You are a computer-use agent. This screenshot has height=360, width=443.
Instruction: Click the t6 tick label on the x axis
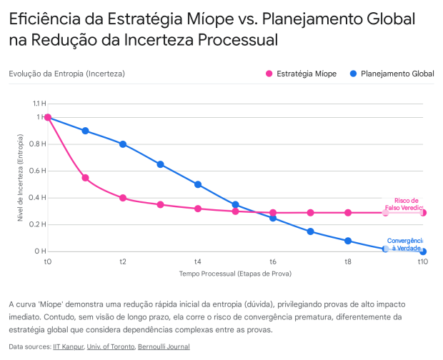(273, 262)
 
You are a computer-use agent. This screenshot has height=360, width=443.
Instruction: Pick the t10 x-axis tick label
(423, 262)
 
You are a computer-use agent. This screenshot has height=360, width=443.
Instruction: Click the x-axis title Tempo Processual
(235, 274)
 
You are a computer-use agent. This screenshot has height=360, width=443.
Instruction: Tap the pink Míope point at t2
(123, 198)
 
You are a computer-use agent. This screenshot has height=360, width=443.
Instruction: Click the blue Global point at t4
(198, 184)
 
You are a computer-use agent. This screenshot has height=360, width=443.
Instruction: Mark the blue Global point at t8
(348, 241)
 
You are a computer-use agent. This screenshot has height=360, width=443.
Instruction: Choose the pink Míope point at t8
(348, 213)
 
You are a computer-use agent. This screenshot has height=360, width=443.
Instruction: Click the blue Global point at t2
(123, 144)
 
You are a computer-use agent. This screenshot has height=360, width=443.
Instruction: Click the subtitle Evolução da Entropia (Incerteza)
(66, 74)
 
